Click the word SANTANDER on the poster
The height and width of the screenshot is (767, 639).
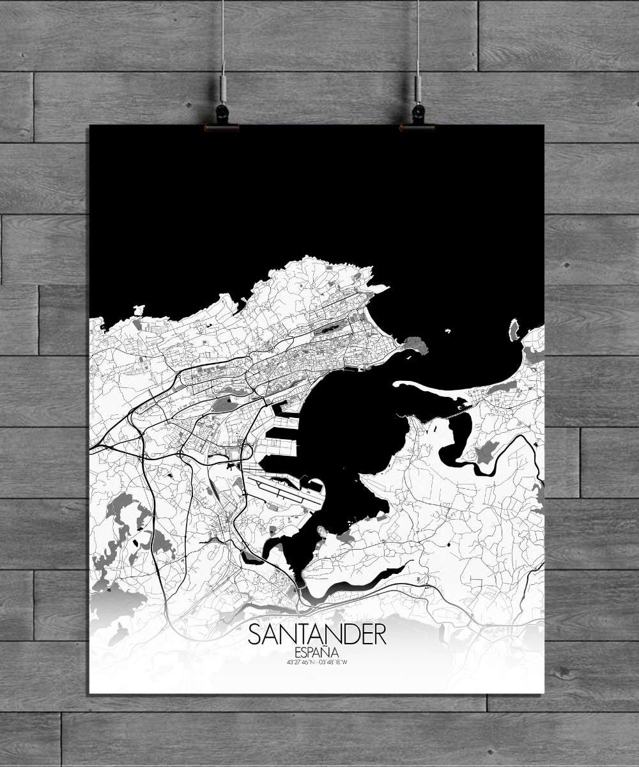pyautogui.click(x=317, y=635)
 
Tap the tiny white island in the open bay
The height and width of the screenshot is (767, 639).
pyautogui.click(x=448, y=331)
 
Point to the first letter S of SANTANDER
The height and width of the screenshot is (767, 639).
pyautogui.click(x=254, y=635)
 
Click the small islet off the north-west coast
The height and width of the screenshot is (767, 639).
pyautogui.click(x=138, y=310)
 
